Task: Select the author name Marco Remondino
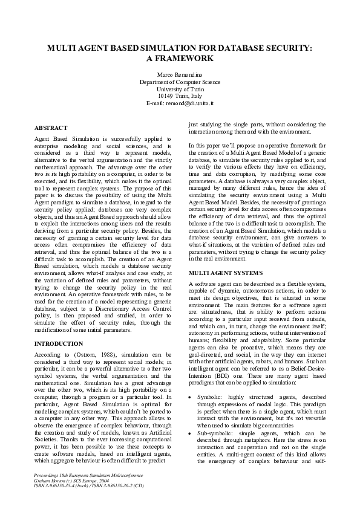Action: pos(180,74)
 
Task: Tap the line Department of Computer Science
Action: pos(180,81)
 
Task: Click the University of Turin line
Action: pos(180,88)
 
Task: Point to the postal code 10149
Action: pos(165,96)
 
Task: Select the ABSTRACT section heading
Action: pos(51,129)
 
